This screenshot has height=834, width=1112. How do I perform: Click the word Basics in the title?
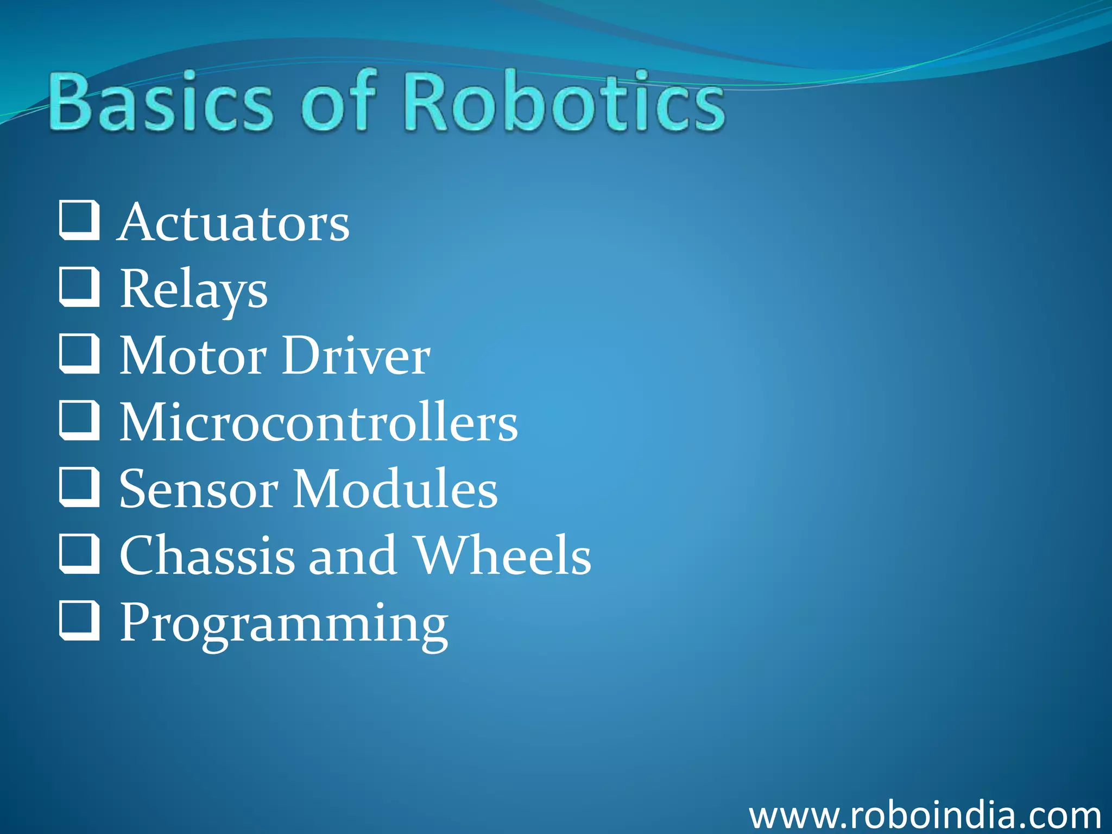pos(161,102)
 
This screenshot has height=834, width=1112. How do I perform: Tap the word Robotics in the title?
pos(564,102)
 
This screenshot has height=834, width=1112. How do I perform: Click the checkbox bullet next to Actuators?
pos(79,220)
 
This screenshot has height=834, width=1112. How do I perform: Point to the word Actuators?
pos(234,223)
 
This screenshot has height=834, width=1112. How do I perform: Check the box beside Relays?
pos(79,287)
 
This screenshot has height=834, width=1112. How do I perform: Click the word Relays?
pos(194,289)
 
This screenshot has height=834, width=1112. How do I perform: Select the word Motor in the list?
pos(193,356)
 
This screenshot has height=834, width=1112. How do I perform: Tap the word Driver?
pos(356,356)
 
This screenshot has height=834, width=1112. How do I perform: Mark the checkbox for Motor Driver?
pos(79,353)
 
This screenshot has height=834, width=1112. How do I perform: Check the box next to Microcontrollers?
pos(79,420)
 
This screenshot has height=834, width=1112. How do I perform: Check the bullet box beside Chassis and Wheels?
pos(79,553)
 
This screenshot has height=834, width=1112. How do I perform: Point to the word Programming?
pos(284,623)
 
